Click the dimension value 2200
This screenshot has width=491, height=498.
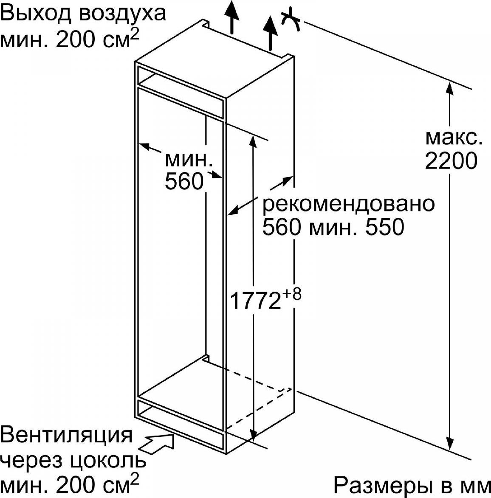pos(451,161)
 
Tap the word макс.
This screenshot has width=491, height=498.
pos(454,138)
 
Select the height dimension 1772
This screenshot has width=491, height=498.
pos(255,301)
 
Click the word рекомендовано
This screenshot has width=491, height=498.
pos(348,204)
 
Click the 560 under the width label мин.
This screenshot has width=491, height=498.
pos(184,181)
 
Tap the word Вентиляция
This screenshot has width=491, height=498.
pos(66,435)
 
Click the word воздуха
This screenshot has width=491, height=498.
pos(123,15)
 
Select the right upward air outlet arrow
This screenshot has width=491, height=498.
pos(270,34)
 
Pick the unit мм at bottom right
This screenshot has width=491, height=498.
pos(479,489)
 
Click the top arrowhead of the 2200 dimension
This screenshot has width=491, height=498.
pos(449,88)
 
